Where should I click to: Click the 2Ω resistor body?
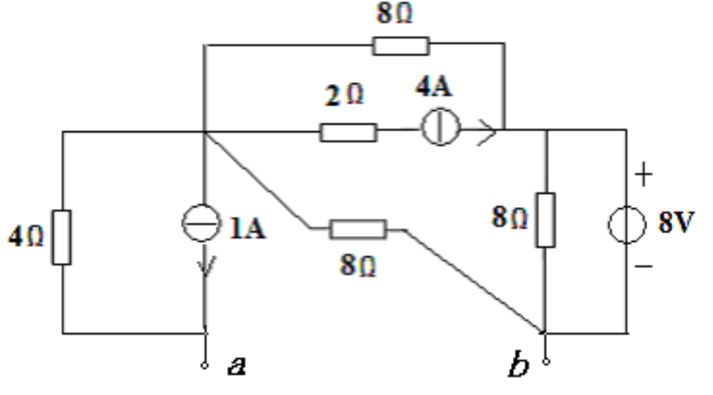(348, 132)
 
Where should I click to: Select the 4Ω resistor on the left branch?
(61, 237)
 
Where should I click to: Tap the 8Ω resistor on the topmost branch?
(401, 46)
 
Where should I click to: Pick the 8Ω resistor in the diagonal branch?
(358, 229)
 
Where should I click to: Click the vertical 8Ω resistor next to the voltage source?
(546, 220)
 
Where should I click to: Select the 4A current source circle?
(441, 127)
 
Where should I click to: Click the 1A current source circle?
(201, 223)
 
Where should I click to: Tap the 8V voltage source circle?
(627, 225)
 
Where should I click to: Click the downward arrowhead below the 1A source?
(206, 266)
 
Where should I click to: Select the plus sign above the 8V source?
(644, 175)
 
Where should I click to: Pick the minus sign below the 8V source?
(644, 266)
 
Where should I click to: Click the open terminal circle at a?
(205, 365)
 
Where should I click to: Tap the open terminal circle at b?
(546, 362)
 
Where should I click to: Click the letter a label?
(237, 365)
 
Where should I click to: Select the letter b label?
(519, 364)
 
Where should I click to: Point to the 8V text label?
(676, 223)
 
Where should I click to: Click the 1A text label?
(247, 228)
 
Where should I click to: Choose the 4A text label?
(434, 86)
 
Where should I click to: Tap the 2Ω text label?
(344, 95)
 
